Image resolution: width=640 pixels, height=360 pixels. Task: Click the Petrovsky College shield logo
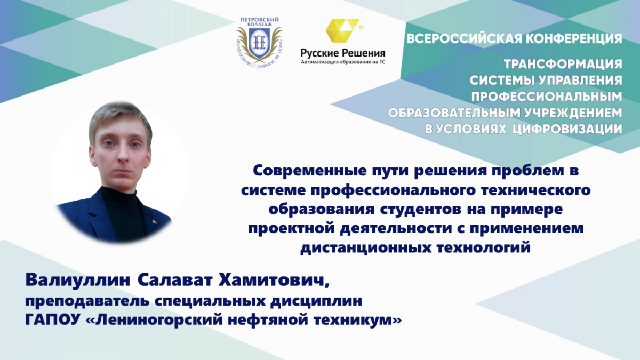point(259,43)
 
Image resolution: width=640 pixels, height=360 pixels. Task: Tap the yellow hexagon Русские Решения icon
point(342,30)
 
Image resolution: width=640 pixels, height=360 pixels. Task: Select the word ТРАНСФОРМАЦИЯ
point(563,64)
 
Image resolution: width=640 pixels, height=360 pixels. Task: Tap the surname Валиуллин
point(78,281)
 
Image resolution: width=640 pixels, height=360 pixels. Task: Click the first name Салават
point(175,281)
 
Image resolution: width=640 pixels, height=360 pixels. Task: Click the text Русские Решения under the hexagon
point(343,53)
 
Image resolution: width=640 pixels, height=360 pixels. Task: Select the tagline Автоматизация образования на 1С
point(343,62)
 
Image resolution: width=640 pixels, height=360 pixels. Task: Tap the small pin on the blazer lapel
point(154,221)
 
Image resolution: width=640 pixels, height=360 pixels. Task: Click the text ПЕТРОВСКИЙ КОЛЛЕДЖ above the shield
point(259,22)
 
